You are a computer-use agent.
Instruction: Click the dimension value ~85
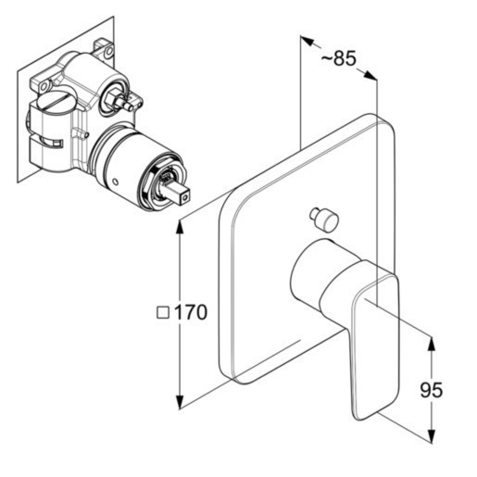[339, 58]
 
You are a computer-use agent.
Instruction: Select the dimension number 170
[191, 312]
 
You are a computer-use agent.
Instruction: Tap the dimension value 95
[431, 390]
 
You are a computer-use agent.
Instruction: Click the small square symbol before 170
[163, 312]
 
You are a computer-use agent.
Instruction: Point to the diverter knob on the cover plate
[324, 219]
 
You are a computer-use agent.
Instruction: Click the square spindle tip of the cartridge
[181, 195]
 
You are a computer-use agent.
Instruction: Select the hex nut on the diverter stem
[112, 96]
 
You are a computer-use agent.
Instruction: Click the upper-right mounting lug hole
[108, 51]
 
